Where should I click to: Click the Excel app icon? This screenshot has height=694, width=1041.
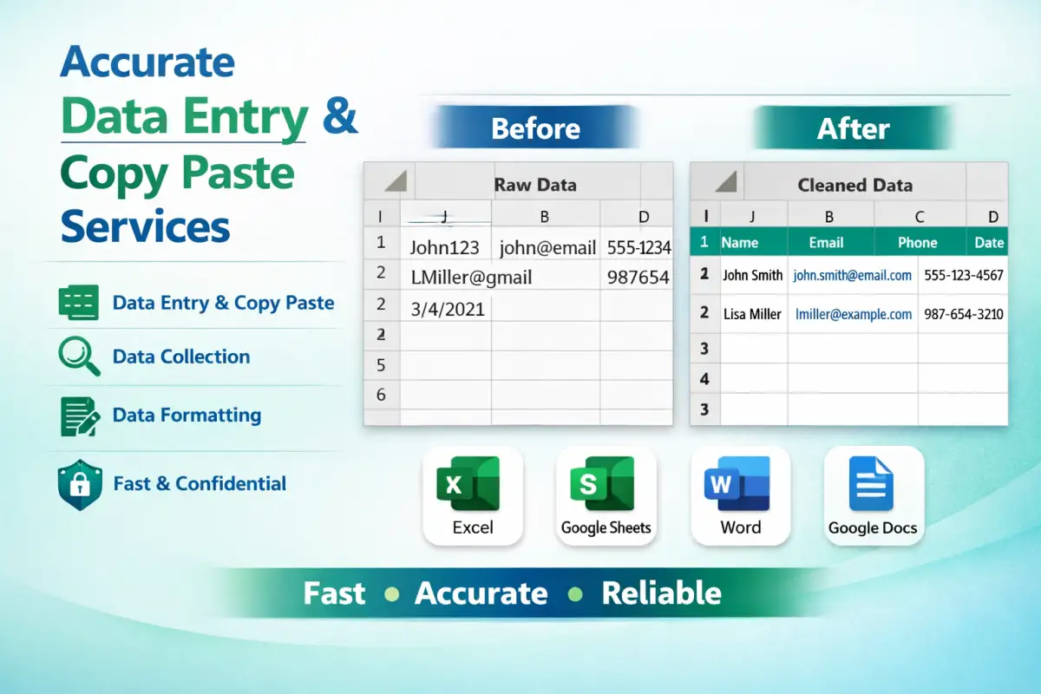pos(468,483)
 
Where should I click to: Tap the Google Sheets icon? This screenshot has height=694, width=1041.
pos(602,483)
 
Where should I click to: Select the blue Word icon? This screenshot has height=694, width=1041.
pos(737,483)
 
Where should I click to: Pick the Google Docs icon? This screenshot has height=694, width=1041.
pos(871,483)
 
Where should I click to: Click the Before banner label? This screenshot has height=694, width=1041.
pos(536,128)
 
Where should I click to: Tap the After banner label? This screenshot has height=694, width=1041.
pos(854,128)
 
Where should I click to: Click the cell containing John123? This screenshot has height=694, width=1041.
pos(445,247)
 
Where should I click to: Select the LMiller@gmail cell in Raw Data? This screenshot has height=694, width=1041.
pos(471,278)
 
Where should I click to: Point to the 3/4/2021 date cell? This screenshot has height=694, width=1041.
pos(448,309)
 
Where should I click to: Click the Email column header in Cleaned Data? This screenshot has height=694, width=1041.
pos(826,242)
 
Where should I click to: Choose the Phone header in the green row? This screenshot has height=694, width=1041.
pos(918,242)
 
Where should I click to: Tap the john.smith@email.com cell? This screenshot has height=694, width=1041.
pos(852,275)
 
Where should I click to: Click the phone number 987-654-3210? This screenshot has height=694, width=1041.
pos(964,314)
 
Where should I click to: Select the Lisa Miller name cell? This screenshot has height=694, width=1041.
pos(752,314)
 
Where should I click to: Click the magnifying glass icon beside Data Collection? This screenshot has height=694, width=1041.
pos(79,356)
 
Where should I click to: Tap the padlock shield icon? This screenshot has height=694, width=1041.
pos(80,484)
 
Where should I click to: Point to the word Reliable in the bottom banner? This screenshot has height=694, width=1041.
pos(661,593)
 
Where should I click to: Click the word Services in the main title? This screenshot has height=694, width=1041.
pos(145,226)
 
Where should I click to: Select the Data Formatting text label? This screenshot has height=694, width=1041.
pos(187,415)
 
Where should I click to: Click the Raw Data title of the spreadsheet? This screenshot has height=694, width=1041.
pos(535,185)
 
